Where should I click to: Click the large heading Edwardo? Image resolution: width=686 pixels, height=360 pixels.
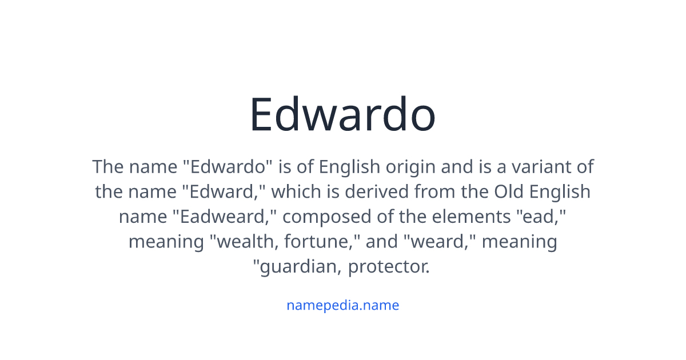[x=342, y=114]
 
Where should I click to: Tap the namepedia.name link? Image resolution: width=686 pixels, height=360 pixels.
[x=342, y=305]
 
